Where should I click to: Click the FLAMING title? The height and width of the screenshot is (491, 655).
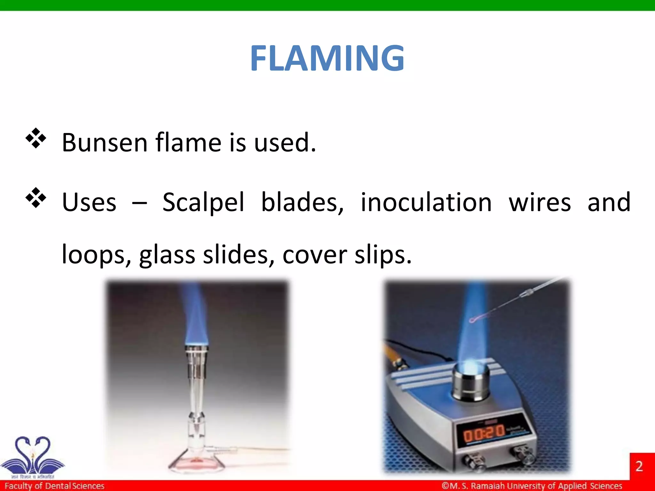(x=327, y=58)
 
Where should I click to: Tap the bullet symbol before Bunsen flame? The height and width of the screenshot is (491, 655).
(x=36, y=138)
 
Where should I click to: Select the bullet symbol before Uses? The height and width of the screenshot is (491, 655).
(x=36, y=198)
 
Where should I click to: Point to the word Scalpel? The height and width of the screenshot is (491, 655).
(x=203, y=202)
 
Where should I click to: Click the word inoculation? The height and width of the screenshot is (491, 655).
(x=426, y=202)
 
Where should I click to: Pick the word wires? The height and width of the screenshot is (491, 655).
(x=540, y=202)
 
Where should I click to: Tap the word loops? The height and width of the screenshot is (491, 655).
(x=96, y=255)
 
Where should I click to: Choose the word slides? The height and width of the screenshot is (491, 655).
(x=239, y=255)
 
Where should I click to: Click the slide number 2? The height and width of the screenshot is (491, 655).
(x=639, y=466)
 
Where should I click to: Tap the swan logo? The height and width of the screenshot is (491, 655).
(x=33, y=456)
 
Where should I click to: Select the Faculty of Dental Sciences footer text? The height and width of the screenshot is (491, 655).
(x=54, y=486)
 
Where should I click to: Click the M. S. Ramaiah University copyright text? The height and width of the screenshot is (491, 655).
(x=532, y=486)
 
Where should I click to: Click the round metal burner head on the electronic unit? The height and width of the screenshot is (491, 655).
(x=470, y=380)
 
